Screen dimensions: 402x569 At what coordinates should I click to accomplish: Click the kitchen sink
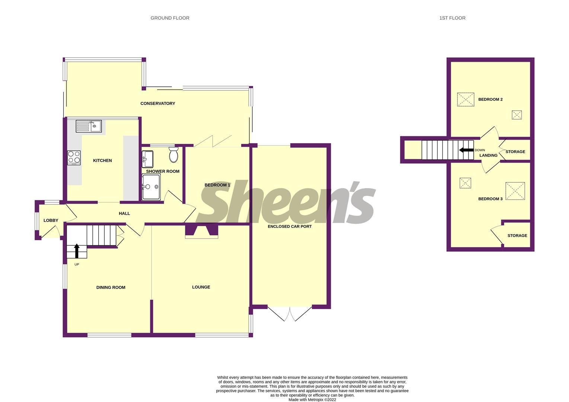click(x=89, y=126)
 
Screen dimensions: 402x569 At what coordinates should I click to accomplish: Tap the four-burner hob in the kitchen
click(x=74, y=157)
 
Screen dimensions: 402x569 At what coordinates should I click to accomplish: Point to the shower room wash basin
click(x=147, y=159)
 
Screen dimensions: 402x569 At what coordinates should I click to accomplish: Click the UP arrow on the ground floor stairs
click(x=77, y=251)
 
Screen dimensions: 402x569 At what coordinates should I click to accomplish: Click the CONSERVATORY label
click(x=157, y=103)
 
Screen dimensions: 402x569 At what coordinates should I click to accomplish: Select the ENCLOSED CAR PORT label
click(x=290, y=226)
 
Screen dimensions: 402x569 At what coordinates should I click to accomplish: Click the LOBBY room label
click(x=51, y=220)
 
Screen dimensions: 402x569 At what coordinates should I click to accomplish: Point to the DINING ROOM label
click(x=111, y=287)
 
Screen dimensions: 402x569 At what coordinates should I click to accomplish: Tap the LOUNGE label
click(x=201, y=287)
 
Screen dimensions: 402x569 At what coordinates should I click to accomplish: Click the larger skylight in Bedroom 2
click(x=466, y=99)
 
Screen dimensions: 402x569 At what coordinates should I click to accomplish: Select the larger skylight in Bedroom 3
click(x=515, y=191)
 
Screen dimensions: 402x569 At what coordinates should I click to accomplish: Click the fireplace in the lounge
click(x=201, y=231)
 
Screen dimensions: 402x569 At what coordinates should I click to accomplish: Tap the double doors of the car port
click(x=290, y=313)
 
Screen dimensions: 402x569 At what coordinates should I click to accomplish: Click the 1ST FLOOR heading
click(x=452, y=18)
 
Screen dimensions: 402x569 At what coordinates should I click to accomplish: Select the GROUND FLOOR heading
click(x=170, y=18)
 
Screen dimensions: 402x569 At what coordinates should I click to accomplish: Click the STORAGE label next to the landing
click(x=515, y=151)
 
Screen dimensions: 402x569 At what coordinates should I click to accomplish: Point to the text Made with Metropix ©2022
click(x=312, y=400)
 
